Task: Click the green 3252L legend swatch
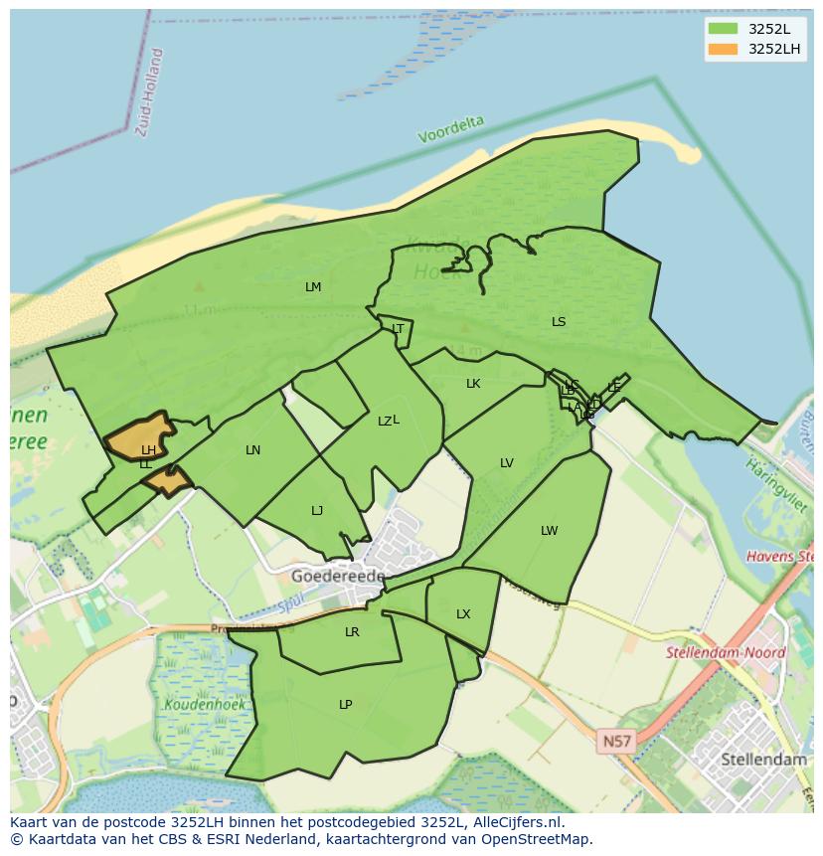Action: point(723,28)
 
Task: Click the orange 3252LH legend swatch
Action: point(723,49)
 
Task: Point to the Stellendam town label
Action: point(763,759)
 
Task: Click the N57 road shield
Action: point(616,741)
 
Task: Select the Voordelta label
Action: point(451,129)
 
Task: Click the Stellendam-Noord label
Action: point(727,653)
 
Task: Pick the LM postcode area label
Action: point(313,287)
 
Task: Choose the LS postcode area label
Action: point(559,322)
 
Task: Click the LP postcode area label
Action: point(345,705)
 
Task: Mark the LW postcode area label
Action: point(550,531)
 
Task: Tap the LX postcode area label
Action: point(463,614)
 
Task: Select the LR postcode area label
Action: point(352,632)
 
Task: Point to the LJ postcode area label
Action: point(317,511)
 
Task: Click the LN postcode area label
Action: point(252,450)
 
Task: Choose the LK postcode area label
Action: point(473,384)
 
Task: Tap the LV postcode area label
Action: point(507,463)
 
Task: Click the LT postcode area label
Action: point(398,329)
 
